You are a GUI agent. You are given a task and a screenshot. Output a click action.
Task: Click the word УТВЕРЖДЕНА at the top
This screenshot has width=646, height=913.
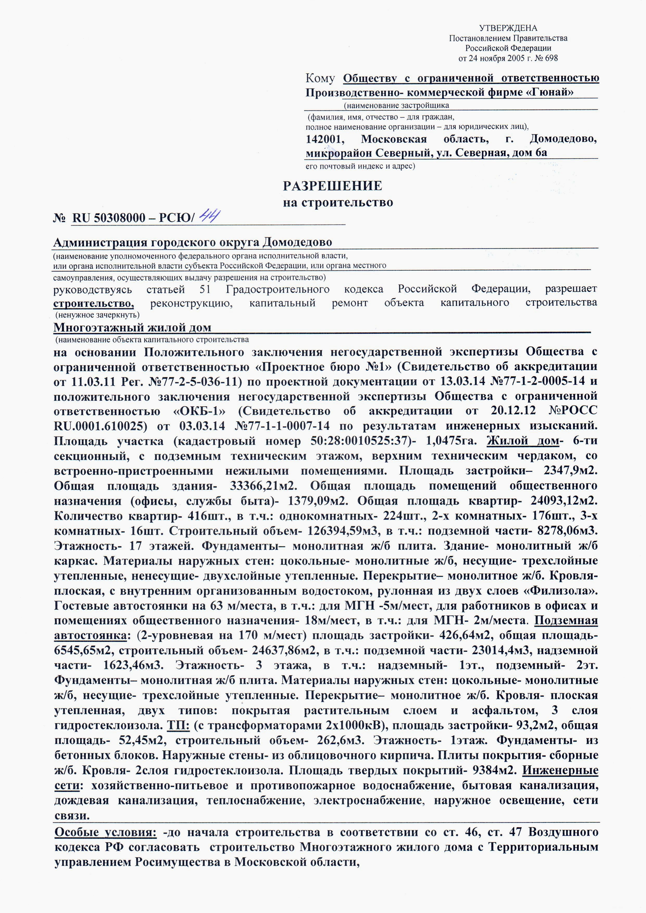[x=508, y=28]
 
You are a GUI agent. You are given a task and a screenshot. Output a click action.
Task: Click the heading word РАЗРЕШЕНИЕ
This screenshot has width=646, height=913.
[x=333, y=186]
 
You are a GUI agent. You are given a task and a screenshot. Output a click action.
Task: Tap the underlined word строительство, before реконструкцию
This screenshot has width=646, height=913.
[x=93, y=303]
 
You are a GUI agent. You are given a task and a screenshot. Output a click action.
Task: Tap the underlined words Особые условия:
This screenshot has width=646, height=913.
[x=105, y=832]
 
